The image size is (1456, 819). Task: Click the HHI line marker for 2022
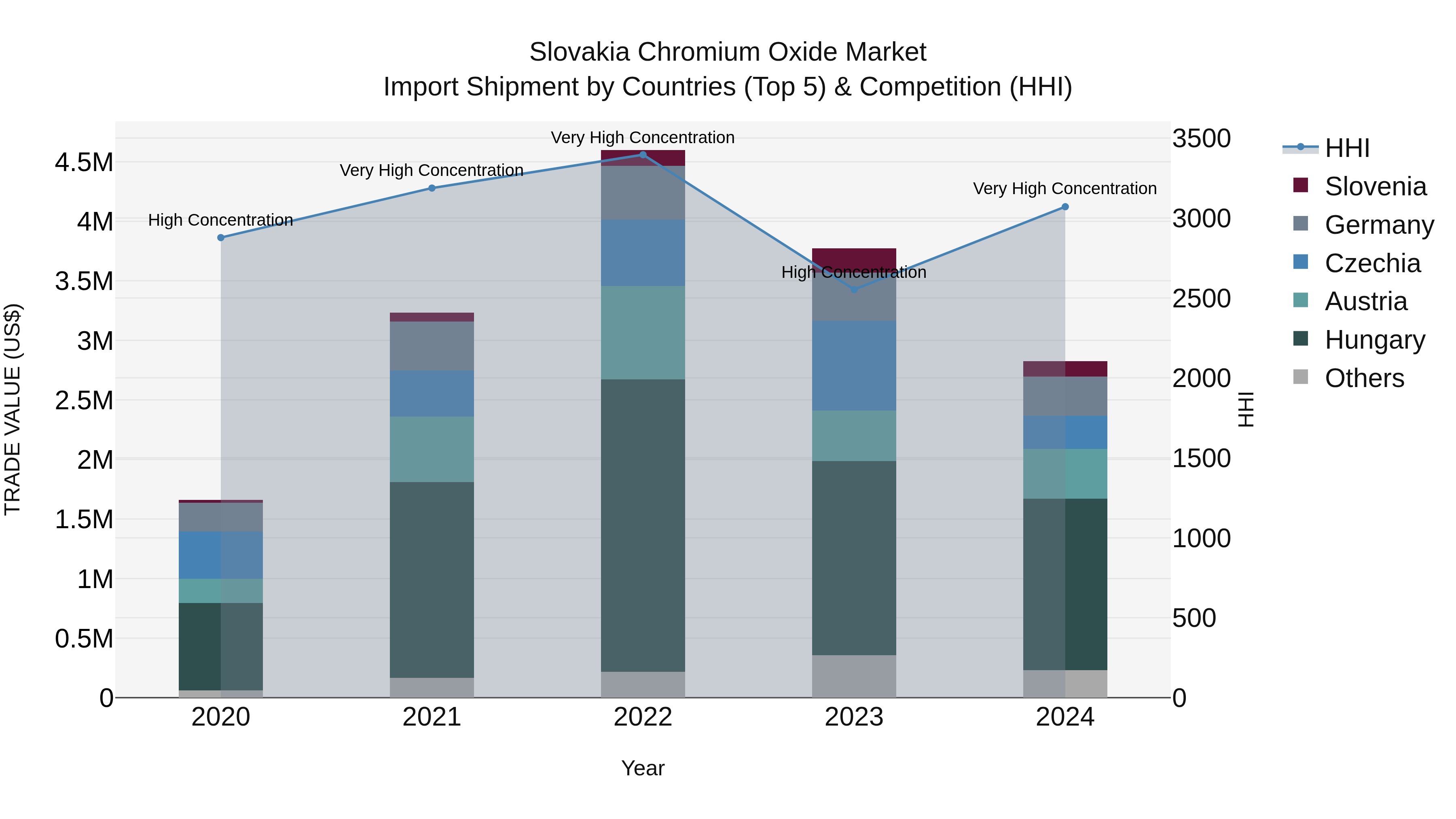(x=643, y=155)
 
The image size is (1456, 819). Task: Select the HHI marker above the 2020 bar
(x=221, y=238)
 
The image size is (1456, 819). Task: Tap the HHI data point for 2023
(x=854, y=290)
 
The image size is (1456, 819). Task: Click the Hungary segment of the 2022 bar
(x=643, y=526)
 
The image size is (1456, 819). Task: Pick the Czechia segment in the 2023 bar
(x=854, y=366)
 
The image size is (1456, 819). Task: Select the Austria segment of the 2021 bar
(x=432, y=449)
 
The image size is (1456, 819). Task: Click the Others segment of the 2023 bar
(x=854, y=677)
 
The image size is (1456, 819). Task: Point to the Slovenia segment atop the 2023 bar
(x=854, y=257)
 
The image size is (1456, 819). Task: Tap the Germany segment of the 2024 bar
(x=1065, y=396)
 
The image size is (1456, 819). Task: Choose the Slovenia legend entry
(x=1375, y=186)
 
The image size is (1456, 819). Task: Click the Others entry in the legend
(x=1364, y=378)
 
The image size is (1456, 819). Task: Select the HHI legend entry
(x=1347, y=148)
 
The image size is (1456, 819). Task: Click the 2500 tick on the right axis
(x=1201, y=298)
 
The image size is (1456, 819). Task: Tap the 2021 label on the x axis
(x=432, y=717)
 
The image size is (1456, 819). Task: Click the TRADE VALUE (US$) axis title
(x=13, y=409)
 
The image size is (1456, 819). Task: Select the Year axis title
(x=643, y=768)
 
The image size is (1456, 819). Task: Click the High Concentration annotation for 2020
(x=220, y=220)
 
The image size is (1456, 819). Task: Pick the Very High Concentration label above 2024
(x=1065, y=188)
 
